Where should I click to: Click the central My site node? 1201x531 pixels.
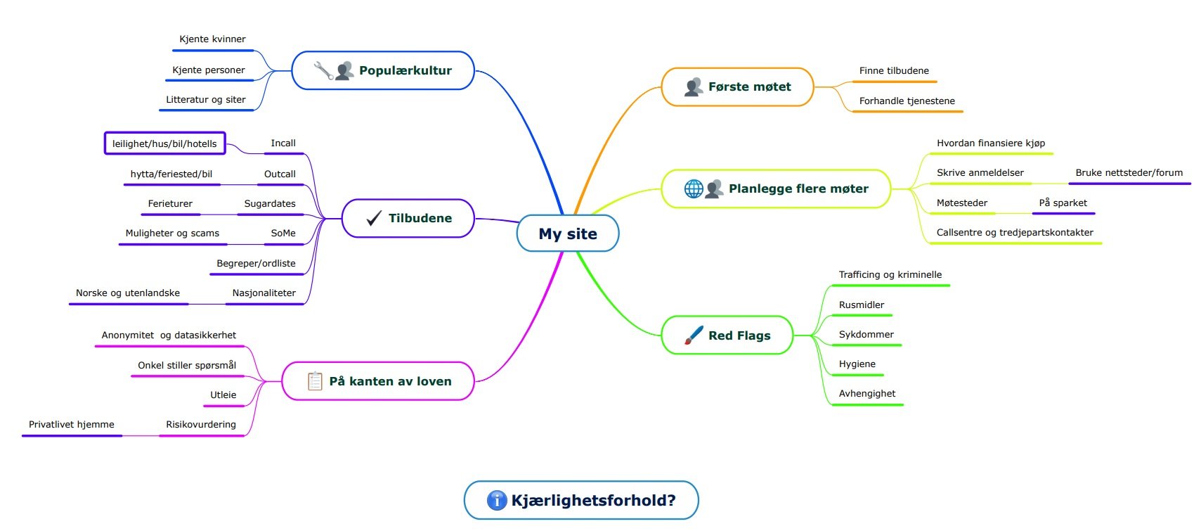click(x=568, y=233)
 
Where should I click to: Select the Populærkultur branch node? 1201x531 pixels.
click(x=383, y=70)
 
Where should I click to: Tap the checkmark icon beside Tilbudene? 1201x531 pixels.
click(x=374, y=218)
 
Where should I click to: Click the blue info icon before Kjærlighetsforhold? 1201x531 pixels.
click(x=496, y=500)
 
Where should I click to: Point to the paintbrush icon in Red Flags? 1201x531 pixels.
click(x=694, y=335)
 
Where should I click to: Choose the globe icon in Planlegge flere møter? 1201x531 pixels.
click(x=693, y=188)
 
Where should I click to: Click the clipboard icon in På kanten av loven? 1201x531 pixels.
click(x=315, y=380)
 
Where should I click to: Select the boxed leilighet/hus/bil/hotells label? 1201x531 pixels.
click(x=164, y=143)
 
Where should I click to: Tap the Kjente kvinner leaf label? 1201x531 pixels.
click(x=212, y=39)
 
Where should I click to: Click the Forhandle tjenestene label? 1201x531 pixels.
click(x=907, y=101)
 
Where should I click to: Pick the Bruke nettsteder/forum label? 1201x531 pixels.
click(x=1129, y=173)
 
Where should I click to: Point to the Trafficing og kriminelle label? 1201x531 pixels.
click(x=890, y=274)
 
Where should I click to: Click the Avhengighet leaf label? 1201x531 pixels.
click(x=867, y=393)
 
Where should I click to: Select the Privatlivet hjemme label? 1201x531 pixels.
click(x=71, y=424)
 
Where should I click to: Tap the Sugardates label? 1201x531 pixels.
click(x=270, y=204)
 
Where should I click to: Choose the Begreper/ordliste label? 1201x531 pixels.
click(x=256, y=263)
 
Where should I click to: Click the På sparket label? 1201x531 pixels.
click(x=1063, y=203)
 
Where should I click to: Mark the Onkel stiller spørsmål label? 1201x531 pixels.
click(x=187, y=365)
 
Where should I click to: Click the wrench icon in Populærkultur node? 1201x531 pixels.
click(x=323, y=70)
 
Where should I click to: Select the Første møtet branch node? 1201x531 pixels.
click(x=737, y=87)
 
